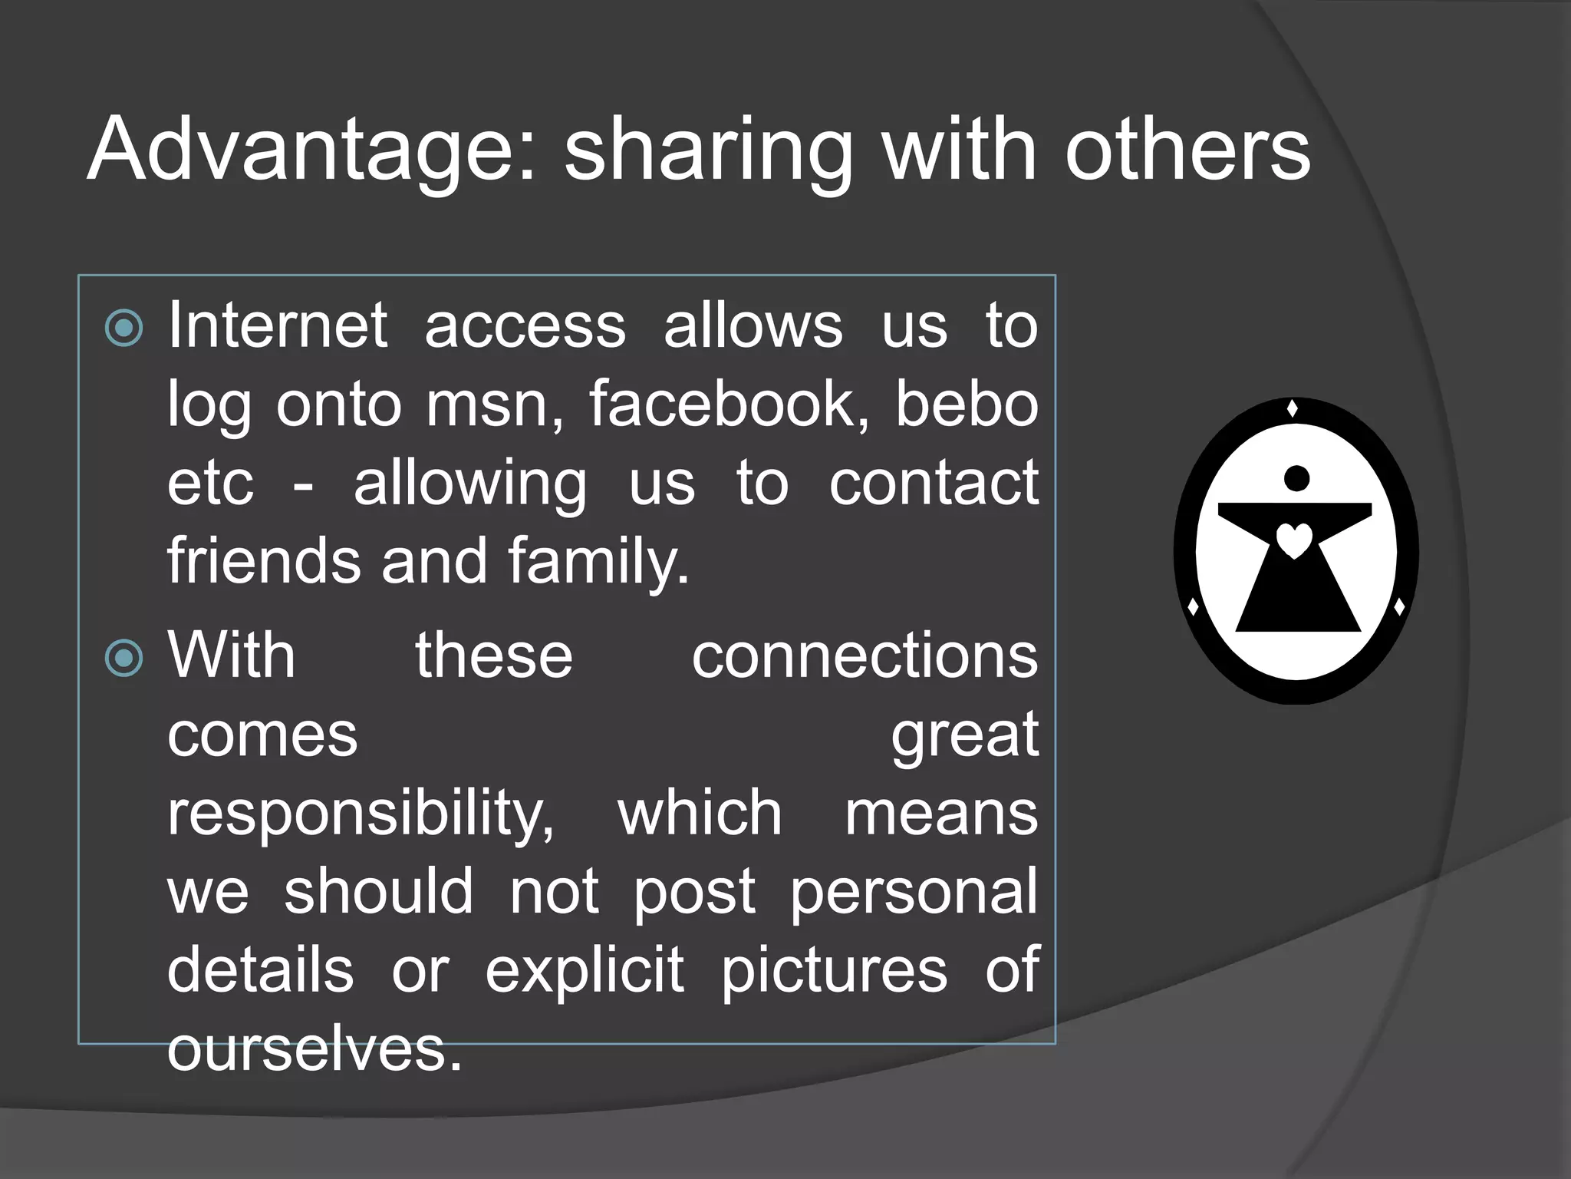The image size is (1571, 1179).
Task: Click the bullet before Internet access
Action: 124,329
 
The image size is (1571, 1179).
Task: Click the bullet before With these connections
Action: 124,658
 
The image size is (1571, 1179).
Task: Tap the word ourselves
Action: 315,1050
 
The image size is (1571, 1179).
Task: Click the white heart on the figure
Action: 1295,540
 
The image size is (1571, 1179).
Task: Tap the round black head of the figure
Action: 1296,478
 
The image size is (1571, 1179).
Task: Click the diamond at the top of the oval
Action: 1292,408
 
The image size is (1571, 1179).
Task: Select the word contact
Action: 934,484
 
